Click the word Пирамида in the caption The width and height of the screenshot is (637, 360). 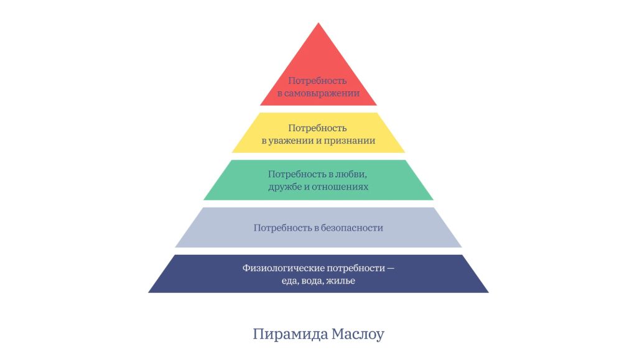291,335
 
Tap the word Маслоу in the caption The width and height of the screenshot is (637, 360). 358,335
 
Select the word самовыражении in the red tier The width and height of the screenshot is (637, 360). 322,93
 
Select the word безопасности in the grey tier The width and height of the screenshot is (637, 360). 352,228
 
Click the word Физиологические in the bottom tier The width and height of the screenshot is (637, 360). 283,268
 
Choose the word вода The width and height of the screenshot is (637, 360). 312,281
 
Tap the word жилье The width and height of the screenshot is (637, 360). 341,281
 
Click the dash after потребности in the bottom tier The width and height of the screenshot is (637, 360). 391,269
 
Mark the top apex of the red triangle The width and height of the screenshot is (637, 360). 318,23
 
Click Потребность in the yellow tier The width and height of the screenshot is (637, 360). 317,128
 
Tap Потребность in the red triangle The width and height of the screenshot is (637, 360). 317,81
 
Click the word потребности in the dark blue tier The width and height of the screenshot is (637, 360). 356,268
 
